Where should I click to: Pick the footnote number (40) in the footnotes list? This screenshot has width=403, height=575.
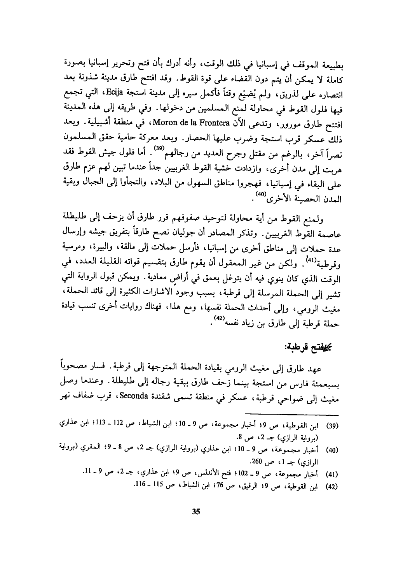pos(331,450)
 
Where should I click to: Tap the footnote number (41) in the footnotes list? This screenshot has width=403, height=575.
pos(331,475)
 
